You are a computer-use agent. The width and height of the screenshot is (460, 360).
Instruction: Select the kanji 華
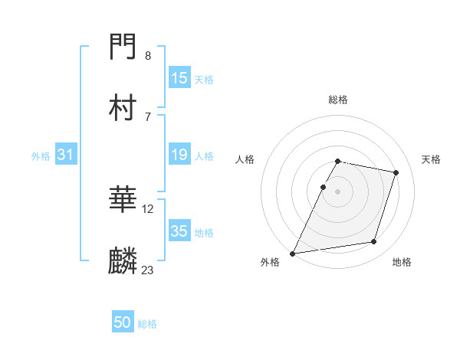[x=123, y=201]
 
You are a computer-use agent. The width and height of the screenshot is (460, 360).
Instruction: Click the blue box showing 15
[x=179, y=78]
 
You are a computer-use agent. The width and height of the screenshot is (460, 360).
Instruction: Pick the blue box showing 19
[x=179, y=155]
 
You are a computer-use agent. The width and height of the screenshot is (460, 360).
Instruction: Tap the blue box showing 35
[x=179, y=232]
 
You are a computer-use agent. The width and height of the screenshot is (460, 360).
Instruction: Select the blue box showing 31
[x=66, y=155]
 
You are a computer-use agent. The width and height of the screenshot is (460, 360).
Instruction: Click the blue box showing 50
[x=123, y=323]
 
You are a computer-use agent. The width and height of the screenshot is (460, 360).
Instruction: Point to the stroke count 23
[x=148, y=270]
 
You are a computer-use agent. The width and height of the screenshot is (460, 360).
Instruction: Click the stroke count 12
[x=148, y=208]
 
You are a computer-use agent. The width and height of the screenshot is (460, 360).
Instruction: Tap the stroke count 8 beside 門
[x=148, y=55]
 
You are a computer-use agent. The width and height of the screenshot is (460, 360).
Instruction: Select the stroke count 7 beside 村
[x=148, y=116]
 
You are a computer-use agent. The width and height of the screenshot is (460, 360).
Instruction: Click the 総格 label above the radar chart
[x=338, y=100]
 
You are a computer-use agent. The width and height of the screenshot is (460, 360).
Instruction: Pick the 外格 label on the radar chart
[x=270, y=262]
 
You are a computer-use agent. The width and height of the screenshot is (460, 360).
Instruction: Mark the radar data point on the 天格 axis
[x=396, y=172]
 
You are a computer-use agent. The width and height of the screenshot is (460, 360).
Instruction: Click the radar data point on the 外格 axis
[x=293, y=253]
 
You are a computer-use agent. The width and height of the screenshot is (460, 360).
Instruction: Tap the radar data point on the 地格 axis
[x=374, y=242]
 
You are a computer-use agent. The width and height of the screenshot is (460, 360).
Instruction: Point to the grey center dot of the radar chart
[x=338, y=191]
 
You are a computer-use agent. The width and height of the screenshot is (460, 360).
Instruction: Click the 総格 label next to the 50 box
[x=147, y=324]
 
